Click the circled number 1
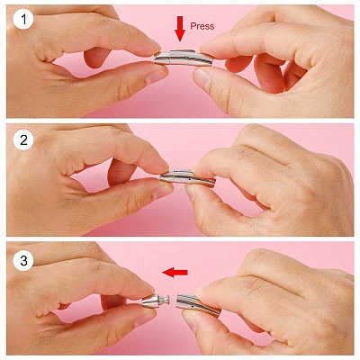click(x=23, y=20)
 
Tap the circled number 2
click(x=23, y=140)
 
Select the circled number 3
click(x=23, y=260)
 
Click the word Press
click(x=202, y=26)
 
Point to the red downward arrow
click(x=180, y=29)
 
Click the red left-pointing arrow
click(x=175, y=273)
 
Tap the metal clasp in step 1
click(x=183, y=58)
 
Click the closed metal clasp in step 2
click(x=187, y=178)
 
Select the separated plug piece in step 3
click(x=156, y=301)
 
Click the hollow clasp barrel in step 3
click(x=199, y=303)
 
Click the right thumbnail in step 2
click(x=190, y=193)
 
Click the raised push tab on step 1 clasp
click(x=183, y=51)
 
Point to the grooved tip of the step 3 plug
click(x=166, y=299)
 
